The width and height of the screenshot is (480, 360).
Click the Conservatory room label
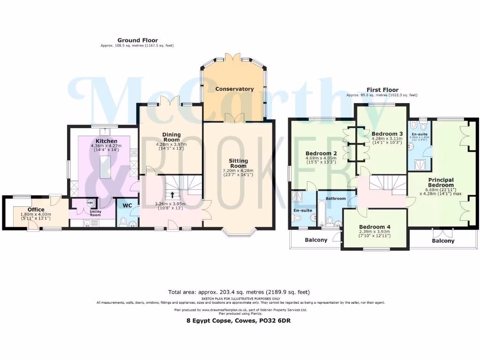pos(234,89)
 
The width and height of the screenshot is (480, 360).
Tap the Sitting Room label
pos(238,163)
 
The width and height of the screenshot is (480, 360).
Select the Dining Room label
pos(171,136)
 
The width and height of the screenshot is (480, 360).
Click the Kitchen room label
pos(106,141)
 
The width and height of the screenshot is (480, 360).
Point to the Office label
pos(36,210)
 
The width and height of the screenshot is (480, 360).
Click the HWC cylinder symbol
pos(91,202)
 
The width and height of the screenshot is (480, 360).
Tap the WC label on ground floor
pos(127,205)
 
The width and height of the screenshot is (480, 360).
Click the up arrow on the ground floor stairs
pos(172,194)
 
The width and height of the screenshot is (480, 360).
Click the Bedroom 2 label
pos(322,153)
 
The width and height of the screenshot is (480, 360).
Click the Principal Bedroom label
pos(441,182)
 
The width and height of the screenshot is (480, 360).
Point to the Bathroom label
pos(336,198)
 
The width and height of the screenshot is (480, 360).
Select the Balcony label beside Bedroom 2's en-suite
pos(316,240)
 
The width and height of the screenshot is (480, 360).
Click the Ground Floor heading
pos(137,40)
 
